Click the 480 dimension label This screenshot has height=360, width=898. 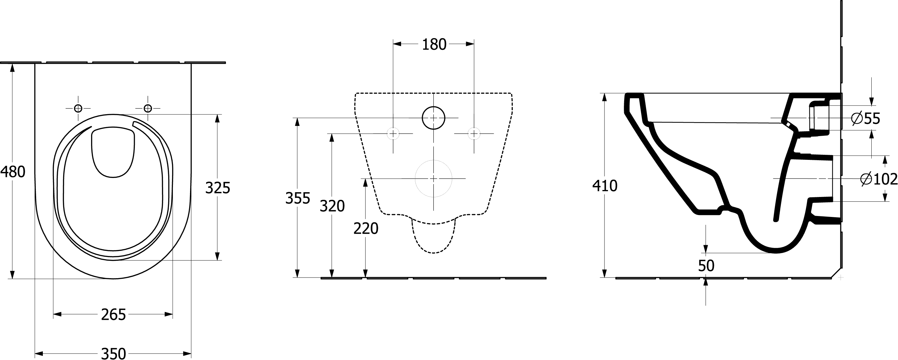click(13, 172)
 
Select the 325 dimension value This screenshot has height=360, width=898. click(218, 188)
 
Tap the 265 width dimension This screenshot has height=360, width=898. click(113, 315)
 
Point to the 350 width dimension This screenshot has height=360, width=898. click(113, 353)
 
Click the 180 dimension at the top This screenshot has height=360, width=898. click(434, 45)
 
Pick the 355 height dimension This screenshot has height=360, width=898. click(298, 198)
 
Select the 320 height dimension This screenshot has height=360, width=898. click(332, 206)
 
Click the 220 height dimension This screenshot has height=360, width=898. click(366, 229)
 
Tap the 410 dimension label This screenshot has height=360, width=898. click(605, 186)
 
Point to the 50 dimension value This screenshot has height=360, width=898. click(706, 266)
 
